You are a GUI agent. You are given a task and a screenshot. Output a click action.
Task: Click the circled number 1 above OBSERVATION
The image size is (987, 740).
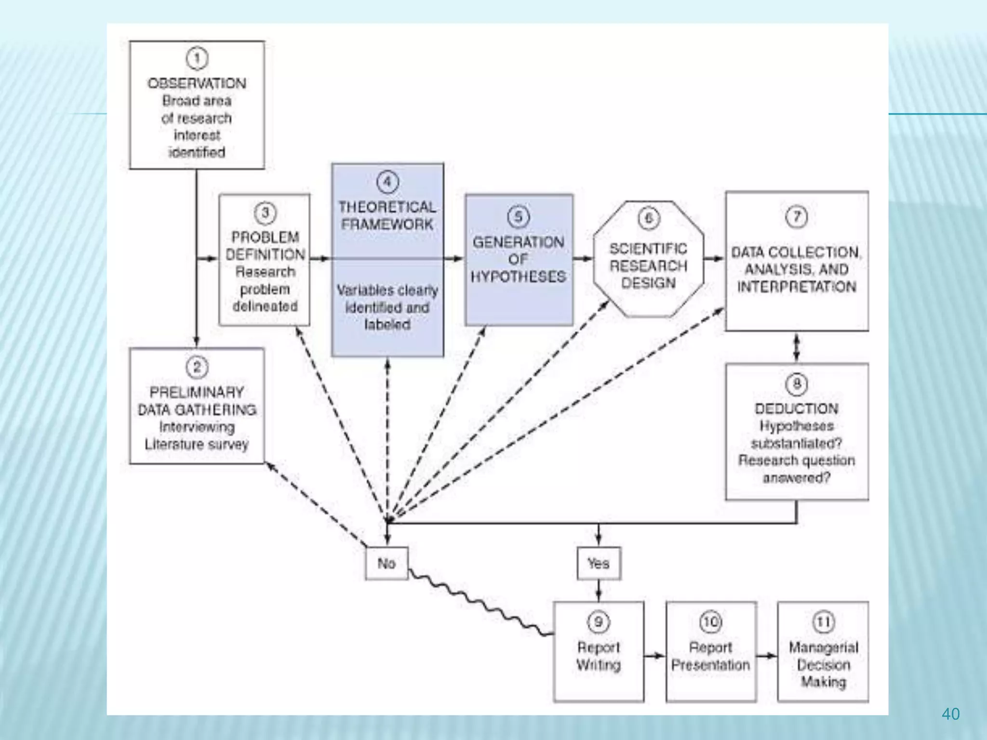coord(197,59)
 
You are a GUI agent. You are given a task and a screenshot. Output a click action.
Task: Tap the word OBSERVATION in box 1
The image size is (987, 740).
coord(197,83)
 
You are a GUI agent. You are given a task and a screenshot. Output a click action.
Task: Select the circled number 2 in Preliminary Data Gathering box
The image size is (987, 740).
coord(197,368)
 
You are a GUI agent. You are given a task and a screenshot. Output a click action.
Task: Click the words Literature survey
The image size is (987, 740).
coord(197,444)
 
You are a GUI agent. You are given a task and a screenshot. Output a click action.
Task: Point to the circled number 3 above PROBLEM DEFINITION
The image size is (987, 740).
coord(265,213)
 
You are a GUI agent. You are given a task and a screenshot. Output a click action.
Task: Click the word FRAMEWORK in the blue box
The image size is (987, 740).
coord(387,225)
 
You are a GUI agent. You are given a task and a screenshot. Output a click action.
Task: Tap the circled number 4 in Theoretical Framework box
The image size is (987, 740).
coord(387,182)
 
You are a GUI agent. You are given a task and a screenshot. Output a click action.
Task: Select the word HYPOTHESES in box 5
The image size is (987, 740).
coord(518,277)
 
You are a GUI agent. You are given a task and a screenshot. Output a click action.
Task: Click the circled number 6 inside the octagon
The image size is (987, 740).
coord(648,219)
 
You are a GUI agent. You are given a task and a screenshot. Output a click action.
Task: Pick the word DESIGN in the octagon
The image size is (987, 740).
coord(648,283)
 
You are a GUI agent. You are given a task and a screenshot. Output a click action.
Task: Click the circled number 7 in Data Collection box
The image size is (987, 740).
coord(796,217)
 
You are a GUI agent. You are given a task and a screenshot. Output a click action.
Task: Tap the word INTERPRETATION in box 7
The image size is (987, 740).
coord(796,287)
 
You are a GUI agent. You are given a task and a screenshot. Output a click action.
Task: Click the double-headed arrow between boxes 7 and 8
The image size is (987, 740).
coord(796,347)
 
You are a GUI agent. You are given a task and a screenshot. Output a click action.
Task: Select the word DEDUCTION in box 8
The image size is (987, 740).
coord(796,409)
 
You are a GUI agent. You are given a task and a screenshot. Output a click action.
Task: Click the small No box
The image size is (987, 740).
coord(387,563)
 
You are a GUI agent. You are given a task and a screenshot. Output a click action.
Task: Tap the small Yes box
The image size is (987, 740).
coord(598,563)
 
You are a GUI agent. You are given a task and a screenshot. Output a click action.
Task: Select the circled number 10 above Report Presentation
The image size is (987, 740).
coord(710,622)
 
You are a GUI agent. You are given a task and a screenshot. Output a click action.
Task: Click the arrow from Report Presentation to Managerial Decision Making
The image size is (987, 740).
coord(767,656)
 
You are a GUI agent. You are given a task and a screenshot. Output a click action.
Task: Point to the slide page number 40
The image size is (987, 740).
coord(950,714)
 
